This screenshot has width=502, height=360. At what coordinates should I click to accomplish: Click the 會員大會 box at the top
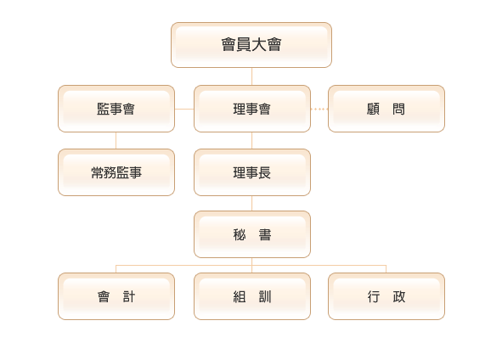(x=251, y=45)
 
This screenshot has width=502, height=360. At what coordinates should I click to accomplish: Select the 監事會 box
(x=116, y=109)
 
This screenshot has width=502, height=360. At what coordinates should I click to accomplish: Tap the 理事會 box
(x=252, y=109)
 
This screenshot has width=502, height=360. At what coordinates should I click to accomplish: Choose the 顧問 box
(x=386, y=109)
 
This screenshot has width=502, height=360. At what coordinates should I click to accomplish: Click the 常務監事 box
(x=116, y=172)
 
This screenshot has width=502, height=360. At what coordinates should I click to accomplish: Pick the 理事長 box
(x=252, y=172)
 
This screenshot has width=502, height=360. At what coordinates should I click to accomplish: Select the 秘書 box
(x=252, y=234)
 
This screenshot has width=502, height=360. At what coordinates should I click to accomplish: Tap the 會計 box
(x=116, y=296)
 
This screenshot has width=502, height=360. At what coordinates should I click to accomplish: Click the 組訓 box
(x=252, y=296)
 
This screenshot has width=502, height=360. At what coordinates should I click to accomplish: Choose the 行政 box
(x=386, y=296)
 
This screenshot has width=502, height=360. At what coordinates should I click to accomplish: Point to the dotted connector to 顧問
(x=319, y=110)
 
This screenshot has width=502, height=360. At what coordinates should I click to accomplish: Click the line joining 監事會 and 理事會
(x=184, y=110)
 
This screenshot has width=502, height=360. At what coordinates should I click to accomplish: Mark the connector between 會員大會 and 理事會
(x=252, y=76)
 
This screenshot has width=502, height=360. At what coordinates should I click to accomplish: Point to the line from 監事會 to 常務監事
(x=116, y=140)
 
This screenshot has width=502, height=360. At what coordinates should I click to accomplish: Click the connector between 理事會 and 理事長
(x=252, y=140)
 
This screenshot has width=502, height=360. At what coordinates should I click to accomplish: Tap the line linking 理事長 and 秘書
(x=252, y=203)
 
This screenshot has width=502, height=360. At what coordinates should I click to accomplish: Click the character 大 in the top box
(x=259, y=44)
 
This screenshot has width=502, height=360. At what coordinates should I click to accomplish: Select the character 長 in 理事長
(x=265, y=173)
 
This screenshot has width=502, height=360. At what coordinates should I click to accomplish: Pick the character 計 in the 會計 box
(x=129, y=297)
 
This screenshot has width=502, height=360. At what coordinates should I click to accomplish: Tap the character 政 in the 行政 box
(x=399, y=297)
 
